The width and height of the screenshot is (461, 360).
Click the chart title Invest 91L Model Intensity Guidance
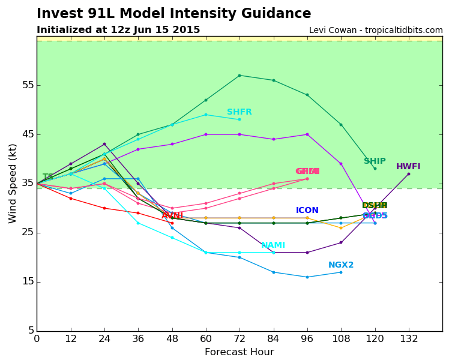(x=173, y=14)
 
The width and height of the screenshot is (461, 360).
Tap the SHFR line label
(x=239, y=112)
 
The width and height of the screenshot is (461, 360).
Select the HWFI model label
(x=408, y=167)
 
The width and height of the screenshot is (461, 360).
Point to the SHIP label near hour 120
(x=375, y=161)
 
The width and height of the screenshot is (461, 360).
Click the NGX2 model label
(x=341, y=265)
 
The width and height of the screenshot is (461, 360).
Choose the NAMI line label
(x=273, y=245)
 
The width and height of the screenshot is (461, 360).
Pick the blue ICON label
(x=307, y=211)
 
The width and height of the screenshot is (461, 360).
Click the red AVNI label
(x=172, y=216)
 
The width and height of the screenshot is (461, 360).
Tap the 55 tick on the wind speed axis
(x=27, y=85)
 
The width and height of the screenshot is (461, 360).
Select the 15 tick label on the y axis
(x=27, y=282)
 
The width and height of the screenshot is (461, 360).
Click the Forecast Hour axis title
(x=239, y=352)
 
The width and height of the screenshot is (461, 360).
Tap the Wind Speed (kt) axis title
(x=13, y=183)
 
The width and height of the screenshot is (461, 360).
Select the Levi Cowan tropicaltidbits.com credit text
(x=376, y=30)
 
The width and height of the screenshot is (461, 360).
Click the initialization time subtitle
(x=118, y=30)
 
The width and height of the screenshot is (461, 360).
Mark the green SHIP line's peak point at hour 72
(x=240, y=76)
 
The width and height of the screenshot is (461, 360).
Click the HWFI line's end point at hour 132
(x=409, y=174)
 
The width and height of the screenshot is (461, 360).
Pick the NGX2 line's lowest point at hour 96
(x=307, y=277)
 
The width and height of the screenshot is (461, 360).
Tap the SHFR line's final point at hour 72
(x=240, y=119)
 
